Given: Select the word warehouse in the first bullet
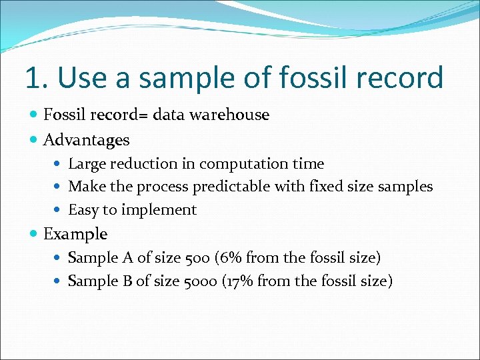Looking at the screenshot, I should click(229, 115).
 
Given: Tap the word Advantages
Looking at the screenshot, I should click(86, 140).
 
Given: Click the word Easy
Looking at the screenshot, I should click(83, 210).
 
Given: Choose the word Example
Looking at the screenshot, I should click(75, 234).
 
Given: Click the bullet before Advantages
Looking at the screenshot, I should click(34, 141).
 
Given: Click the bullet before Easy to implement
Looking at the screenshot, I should click(60, 211).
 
